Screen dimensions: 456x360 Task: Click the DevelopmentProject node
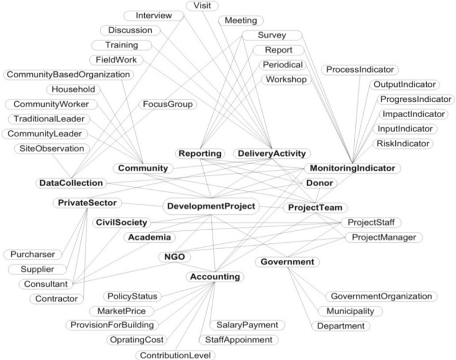click(x=211, y=206)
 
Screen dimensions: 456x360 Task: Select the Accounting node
click(x=215, y=277)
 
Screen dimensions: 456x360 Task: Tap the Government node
click(x=288, y=262)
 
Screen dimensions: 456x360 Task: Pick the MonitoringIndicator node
click(x=352, y=168)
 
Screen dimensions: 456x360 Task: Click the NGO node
click(x=174, y=257)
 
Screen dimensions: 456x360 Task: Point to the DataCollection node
click(x=71, y=183)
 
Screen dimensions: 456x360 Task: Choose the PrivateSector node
click(x=88, y=203)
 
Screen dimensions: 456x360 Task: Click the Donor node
click(x=320, y=183)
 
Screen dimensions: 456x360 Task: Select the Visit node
click(x=202, y=5)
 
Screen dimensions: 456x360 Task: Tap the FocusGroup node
click(x=168, y=104)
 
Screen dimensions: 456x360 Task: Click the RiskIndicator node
click(x=403, y=143)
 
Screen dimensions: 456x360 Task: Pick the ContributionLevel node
click(x=176, y=355)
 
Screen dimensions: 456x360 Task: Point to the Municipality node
click(x=350, y=311)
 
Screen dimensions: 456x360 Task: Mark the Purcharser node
click(x=33, y=255)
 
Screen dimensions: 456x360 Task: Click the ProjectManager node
click(x=384, y=237)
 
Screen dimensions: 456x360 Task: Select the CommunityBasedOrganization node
click(x=68, y=74)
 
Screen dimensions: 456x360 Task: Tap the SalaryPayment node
click(x=247, y=325)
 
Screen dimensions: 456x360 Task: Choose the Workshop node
click(x=286, y=79)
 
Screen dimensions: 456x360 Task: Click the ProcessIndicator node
click(x=360, y=70)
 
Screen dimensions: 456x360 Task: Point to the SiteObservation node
click(x=52, y=149)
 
